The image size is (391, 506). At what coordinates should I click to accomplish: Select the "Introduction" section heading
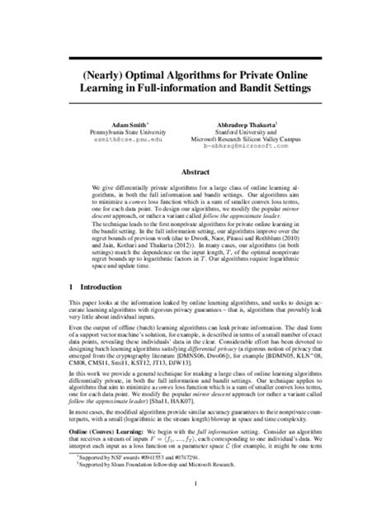coord(98,287)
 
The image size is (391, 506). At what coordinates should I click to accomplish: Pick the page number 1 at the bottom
coord(195,483)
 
